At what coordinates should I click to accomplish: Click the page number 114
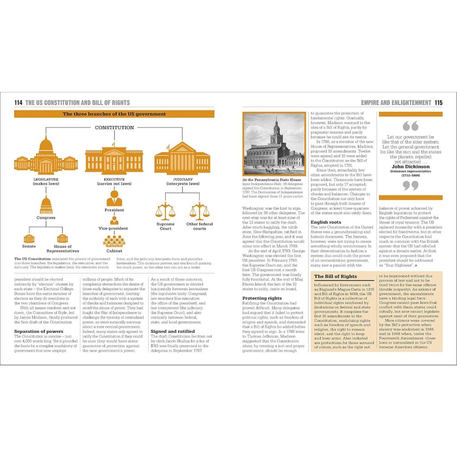click(18, 103)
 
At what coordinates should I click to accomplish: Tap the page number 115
click(438, 103)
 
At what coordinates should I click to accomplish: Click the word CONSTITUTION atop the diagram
click(114, 128)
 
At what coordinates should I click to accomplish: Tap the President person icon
click(114, 197)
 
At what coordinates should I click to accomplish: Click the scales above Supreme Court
click(166, 211)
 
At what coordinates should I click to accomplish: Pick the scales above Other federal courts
click(199, 211)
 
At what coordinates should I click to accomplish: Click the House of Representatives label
click(63, 249)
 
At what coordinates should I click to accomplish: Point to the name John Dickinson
click(411, 166)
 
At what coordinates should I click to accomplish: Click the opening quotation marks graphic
click(411, 126)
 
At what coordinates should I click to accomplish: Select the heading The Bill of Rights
click(336, 277)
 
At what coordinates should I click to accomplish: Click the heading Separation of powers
click(38, 331)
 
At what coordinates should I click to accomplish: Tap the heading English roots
click(326, 222)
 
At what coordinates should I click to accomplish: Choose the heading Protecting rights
click(262, 298)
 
